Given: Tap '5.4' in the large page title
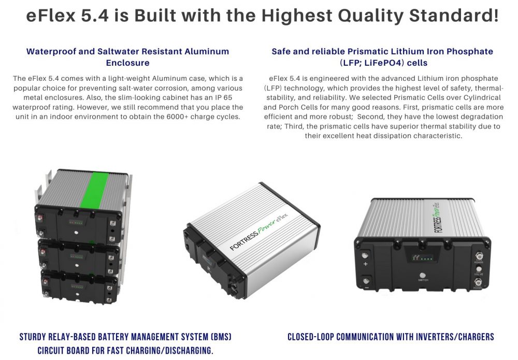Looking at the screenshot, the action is (94, 16).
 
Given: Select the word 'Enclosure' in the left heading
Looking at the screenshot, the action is (127, 63).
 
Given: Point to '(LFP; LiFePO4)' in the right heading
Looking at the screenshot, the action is (371, 63).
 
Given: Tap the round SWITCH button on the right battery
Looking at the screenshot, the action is (422, 275).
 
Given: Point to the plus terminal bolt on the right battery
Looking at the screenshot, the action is (365, 255).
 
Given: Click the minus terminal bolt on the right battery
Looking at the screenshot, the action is (366, 281).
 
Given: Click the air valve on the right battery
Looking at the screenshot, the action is (479, 269).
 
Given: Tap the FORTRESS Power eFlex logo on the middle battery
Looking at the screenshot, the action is (258, 232).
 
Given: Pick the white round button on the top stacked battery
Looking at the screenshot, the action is (76, 233).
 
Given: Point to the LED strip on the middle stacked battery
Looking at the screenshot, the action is (76, 256).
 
